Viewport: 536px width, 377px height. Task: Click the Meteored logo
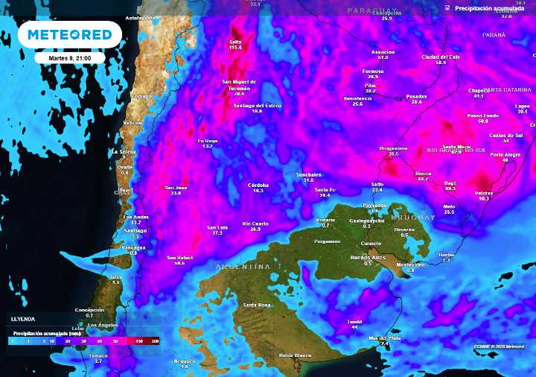70,34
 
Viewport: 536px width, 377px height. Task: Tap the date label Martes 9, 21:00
70,57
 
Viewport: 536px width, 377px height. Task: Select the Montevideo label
410,264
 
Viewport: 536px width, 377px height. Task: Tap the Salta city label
235,41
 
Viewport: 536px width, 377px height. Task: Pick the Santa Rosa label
257,305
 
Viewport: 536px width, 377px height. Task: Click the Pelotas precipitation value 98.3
484,199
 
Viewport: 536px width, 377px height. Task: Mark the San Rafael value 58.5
180,263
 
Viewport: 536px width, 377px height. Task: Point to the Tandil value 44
354,327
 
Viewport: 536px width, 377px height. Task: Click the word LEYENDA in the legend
22,318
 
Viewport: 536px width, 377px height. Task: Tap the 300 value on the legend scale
154,340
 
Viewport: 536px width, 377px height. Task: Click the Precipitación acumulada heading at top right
484,7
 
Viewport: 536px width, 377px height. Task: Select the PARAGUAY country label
370,10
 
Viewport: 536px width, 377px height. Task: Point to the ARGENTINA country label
243,266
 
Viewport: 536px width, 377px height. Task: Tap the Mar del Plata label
384,339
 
